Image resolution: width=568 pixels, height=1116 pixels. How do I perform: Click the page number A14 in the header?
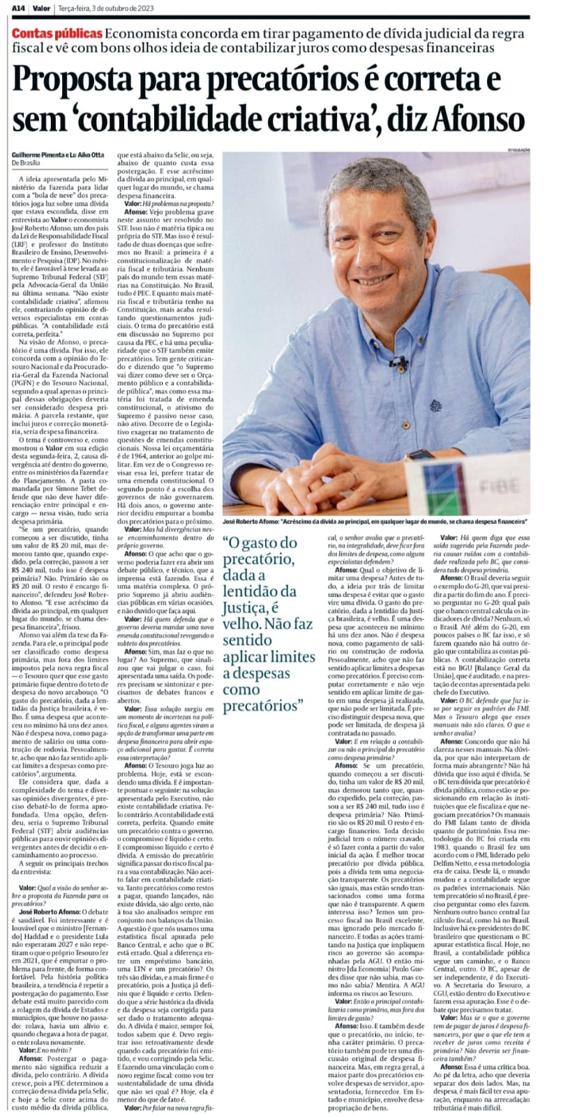click(x=10, y=6)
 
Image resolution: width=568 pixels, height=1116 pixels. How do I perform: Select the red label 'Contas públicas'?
click(x=59, y=34)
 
